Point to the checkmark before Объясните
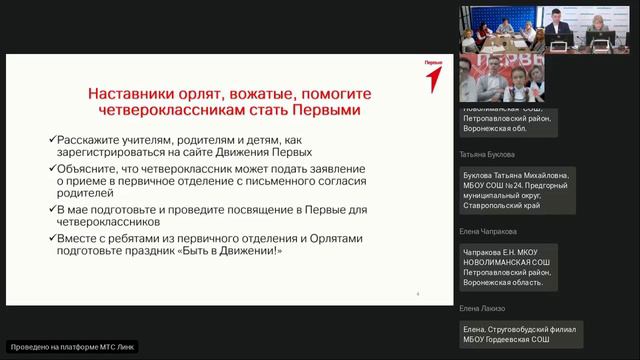[x=51, y=169]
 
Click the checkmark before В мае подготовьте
[x=51, y=209]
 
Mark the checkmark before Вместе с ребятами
[x=51, y=239]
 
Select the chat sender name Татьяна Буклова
[x=487, y=155]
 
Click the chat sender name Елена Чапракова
[x=489, y=231]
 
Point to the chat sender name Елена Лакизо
[x=483, y=308]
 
